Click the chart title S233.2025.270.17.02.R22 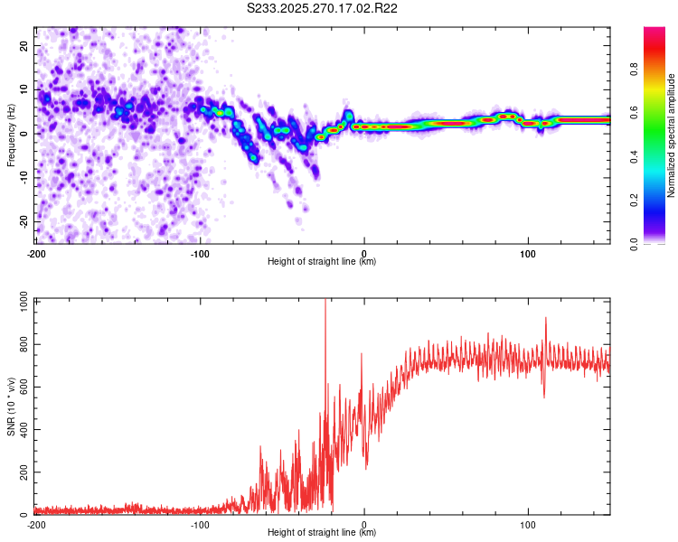[323, 8]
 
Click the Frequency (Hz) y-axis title [11, 134]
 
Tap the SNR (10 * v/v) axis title [11, 406]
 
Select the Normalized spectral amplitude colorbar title [672, 135]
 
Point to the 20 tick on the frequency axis [24, 44]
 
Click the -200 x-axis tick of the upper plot [36, 253]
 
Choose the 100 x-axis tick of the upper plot [528, 253]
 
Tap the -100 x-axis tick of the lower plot [200, 524]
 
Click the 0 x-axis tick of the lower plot [364, 524]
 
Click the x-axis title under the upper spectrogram [322, 262]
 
